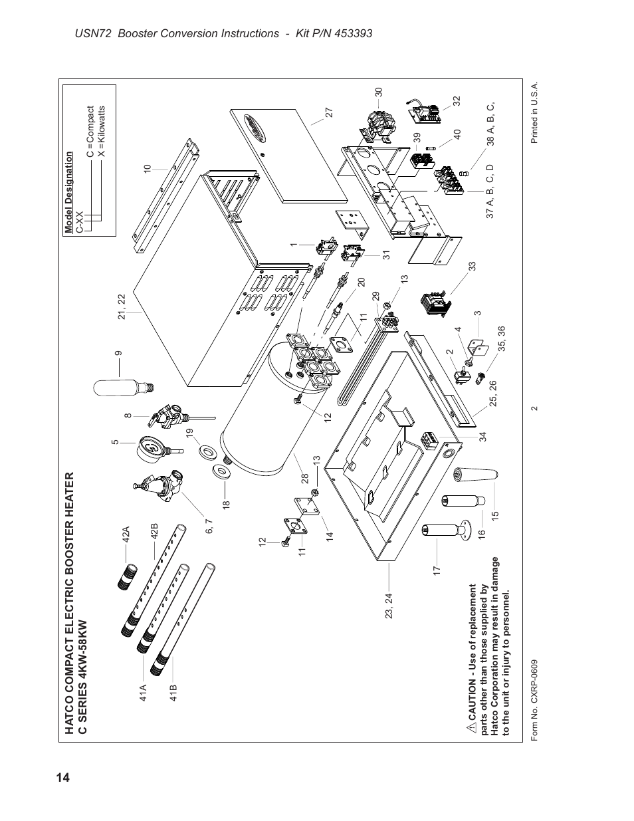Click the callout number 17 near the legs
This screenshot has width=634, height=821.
click(437, 570)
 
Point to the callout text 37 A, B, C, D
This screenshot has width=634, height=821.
click(490, 197)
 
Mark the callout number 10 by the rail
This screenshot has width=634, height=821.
click(147, 170)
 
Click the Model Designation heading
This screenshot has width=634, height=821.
click(68, 192)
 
